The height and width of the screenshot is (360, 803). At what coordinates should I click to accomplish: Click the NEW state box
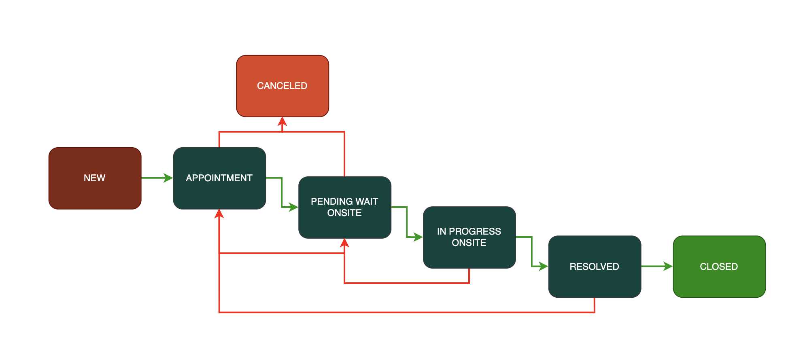(95, 178)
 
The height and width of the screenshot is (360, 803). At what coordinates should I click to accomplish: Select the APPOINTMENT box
(219, 178)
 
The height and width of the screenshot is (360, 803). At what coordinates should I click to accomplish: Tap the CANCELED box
(282, 86)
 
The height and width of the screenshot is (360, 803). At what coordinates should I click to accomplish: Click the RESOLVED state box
(594, 267)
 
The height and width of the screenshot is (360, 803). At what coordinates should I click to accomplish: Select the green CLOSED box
(719, 267)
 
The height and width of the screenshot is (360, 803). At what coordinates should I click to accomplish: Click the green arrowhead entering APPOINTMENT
(168, 178)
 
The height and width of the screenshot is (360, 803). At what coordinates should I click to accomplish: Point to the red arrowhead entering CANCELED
(282, 122)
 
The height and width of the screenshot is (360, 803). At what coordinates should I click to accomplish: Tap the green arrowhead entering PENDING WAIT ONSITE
(293, 208)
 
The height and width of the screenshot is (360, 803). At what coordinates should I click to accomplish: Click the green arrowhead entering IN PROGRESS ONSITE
(418, 237)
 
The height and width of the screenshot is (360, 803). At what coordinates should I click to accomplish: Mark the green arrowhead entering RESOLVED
(543, 266)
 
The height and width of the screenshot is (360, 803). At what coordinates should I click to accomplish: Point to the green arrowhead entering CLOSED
(668, 266)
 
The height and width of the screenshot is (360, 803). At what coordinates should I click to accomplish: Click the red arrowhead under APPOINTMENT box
(219, 214)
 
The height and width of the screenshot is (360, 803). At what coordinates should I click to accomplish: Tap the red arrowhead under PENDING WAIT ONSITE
(344, 243)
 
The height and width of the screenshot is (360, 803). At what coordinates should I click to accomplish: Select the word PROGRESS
(475, 231)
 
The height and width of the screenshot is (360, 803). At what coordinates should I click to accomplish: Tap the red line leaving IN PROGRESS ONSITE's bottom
(469, 276)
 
